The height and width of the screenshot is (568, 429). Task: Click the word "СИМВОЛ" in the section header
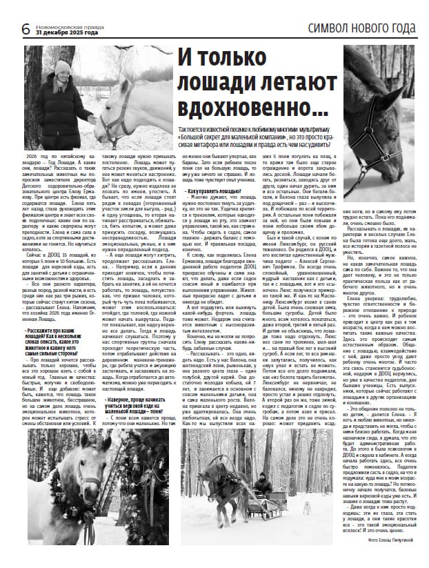[335, 28]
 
